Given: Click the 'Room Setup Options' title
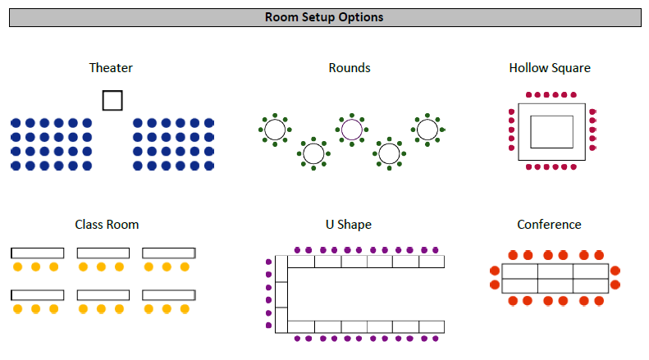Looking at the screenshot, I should (324, 17).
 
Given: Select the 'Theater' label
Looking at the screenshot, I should (111, 68).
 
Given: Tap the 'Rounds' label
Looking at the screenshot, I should (349, 68).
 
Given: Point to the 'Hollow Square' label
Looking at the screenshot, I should (549, 68).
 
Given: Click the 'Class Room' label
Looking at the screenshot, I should (107, 224).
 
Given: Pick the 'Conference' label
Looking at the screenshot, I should (549, 224).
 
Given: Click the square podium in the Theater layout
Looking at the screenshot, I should (112, 100).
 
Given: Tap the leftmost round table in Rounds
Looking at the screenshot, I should (274, 130).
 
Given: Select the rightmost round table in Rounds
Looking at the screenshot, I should (427, 130).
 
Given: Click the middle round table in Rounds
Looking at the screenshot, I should (351, 130).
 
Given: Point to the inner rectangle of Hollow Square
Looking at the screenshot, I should (551, 131).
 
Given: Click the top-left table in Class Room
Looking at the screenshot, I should (37, 253).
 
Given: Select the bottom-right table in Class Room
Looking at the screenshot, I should (169, 294).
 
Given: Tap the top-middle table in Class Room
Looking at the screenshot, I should (103, 253).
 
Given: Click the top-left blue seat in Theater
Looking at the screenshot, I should (16, 123).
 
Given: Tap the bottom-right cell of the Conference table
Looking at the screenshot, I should (590, 285).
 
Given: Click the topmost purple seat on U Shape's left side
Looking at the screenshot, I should (269, 262).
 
